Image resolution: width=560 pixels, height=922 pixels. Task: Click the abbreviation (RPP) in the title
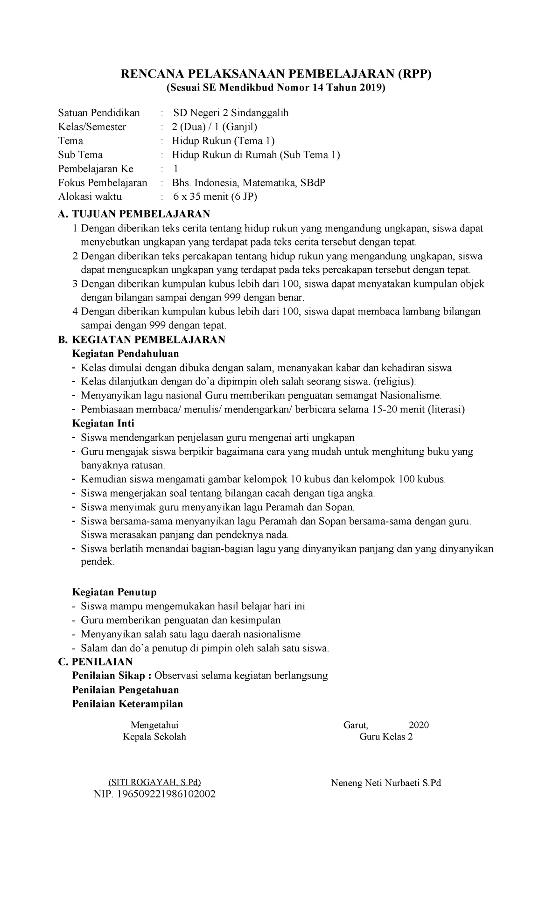[415, 74]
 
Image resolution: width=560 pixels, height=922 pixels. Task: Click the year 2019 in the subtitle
[372, 88]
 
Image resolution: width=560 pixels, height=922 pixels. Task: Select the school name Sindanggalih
[260, 113]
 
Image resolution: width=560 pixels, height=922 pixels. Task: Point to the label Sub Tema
[80, 155]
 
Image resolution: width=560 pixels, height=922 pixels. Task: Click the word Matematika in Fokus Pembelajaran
[268, 183]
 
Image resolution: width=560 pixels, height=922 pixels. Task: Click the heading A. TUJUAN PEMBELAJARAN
[134, 214]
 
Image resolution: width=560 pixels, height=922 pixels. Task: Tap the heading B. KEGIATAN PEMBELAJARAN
[141, 340]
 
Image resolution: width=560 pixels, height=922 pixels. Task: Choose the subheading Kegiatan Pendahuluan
[126, 354]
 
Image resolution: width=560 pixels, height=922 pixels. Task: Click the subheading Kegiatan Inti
[103, 424]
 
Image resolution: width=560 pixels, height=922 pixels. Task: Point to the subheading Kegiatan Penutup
[114, 592]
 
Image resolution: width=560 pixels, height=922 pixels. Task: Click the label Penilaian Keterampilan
[127, 704]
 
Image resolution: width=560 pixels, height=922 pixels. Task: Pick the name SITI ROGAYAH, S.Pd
[154, 782]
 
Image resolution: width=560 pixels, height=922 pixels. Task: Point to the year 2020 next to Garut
[419, 725]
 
